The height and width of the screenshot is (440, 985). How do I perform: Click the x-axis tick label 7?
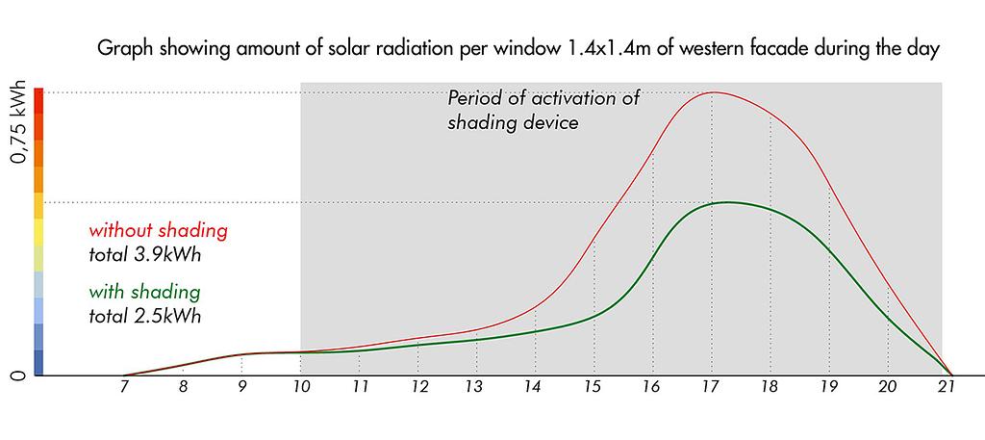click(124, 388)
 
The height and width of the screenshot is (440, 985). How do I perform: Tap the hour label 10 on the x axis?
click(300, 388)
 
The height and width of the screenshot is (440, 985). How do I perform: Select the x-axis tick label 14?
click(535, 388)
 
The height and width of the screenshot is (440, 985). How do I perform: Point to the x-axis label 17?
click(712, 388)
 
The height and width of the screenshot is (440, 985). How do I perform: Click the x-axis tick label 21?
click(947, 388)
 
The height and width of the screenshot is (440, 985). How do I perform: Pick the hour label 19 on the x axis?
click(829, 388)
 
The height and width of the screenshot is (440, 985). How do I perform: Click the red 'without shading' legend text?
click(158, 231)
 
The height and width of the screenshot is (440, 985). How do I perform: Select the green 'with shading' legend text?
click(144, 293)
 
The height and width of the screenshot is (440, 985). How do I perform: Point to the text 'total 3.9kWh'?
click(144, 256)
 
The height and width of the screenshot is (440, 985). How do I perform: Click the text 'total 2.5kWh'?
click(144, 316)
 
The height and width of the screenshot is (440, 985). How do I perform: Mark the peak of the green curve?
click(727, 202)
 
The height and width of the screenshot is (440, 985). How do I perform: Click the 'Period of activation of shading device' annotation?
click(543, 110)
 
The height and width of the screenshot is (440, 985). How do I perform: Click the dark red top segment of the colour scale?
click(38, 100)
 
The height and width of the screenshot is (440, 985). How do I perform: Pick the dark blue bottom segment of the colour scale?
click(38, 363)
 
